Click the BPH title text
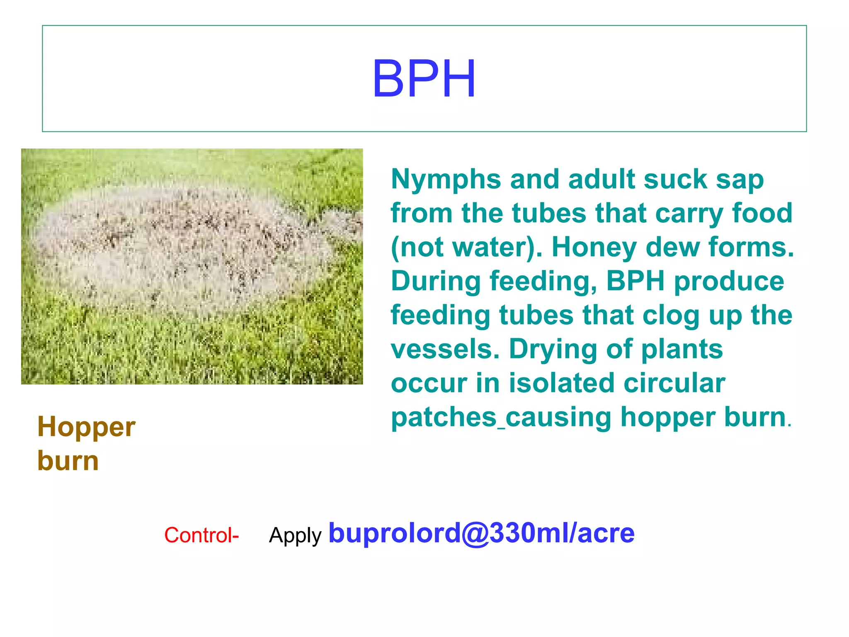tap(424, 79)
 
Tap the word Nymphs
tap(446, 180)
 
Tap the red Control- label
tap(201, 535)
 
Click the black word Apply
tap(295, 535)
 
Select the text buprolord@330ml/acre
tap(481, 533)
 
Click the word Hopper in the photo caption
tap(86, 428)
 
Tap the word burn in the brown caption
tap(68, 461)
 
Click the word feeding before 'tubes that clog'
tap(440, 316)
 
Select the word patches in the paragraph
tap(444, 417)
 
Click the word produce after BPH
tap(729, 281)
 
